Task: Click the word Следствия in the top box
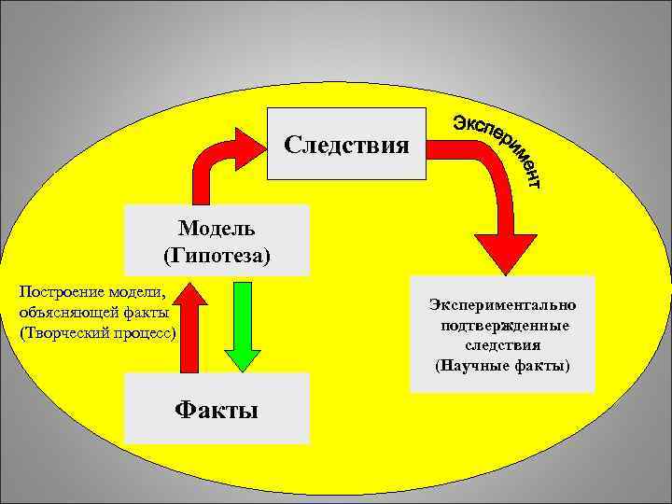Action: coord(346,146)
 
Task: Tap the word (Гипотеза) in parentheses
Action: coord(217,254)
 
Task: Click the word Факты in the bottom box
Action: coord(217,410)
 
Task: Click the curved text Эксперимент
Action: coord(498,147)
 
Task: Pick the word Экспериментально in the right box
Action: coord(502,304)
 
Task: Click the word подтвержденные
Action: coord(502,325)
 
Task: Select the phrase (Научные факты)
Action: coord(502,365)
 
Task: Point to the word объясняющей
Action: coord(65,312)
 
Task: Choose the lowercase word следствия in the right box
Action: coord(502,344)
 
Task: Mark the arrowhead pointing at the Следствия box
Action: coord(250,146)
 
